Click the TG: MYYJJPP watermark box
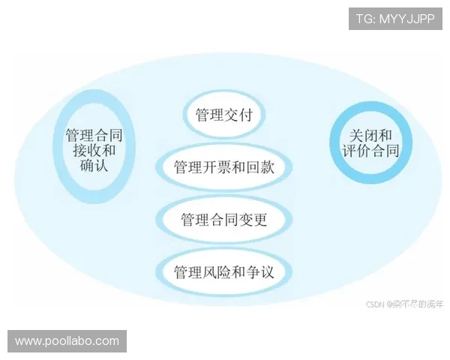(x=395, y=19)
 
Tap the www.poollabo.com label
(x=67, y=341)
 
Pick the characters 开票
(x=215, y=166)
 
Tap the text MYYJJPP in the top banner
(x=408, y=19)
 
